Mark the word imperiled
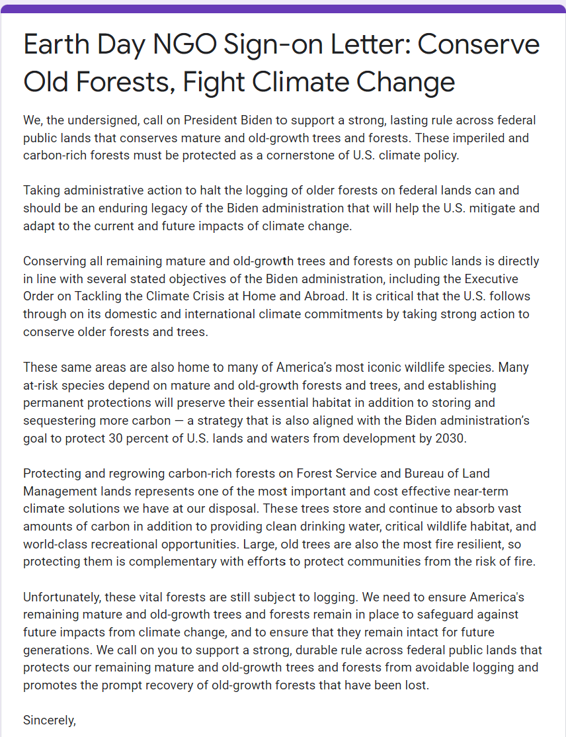[x=477, y=138]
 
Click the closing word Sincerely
[x=50, y=719]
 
